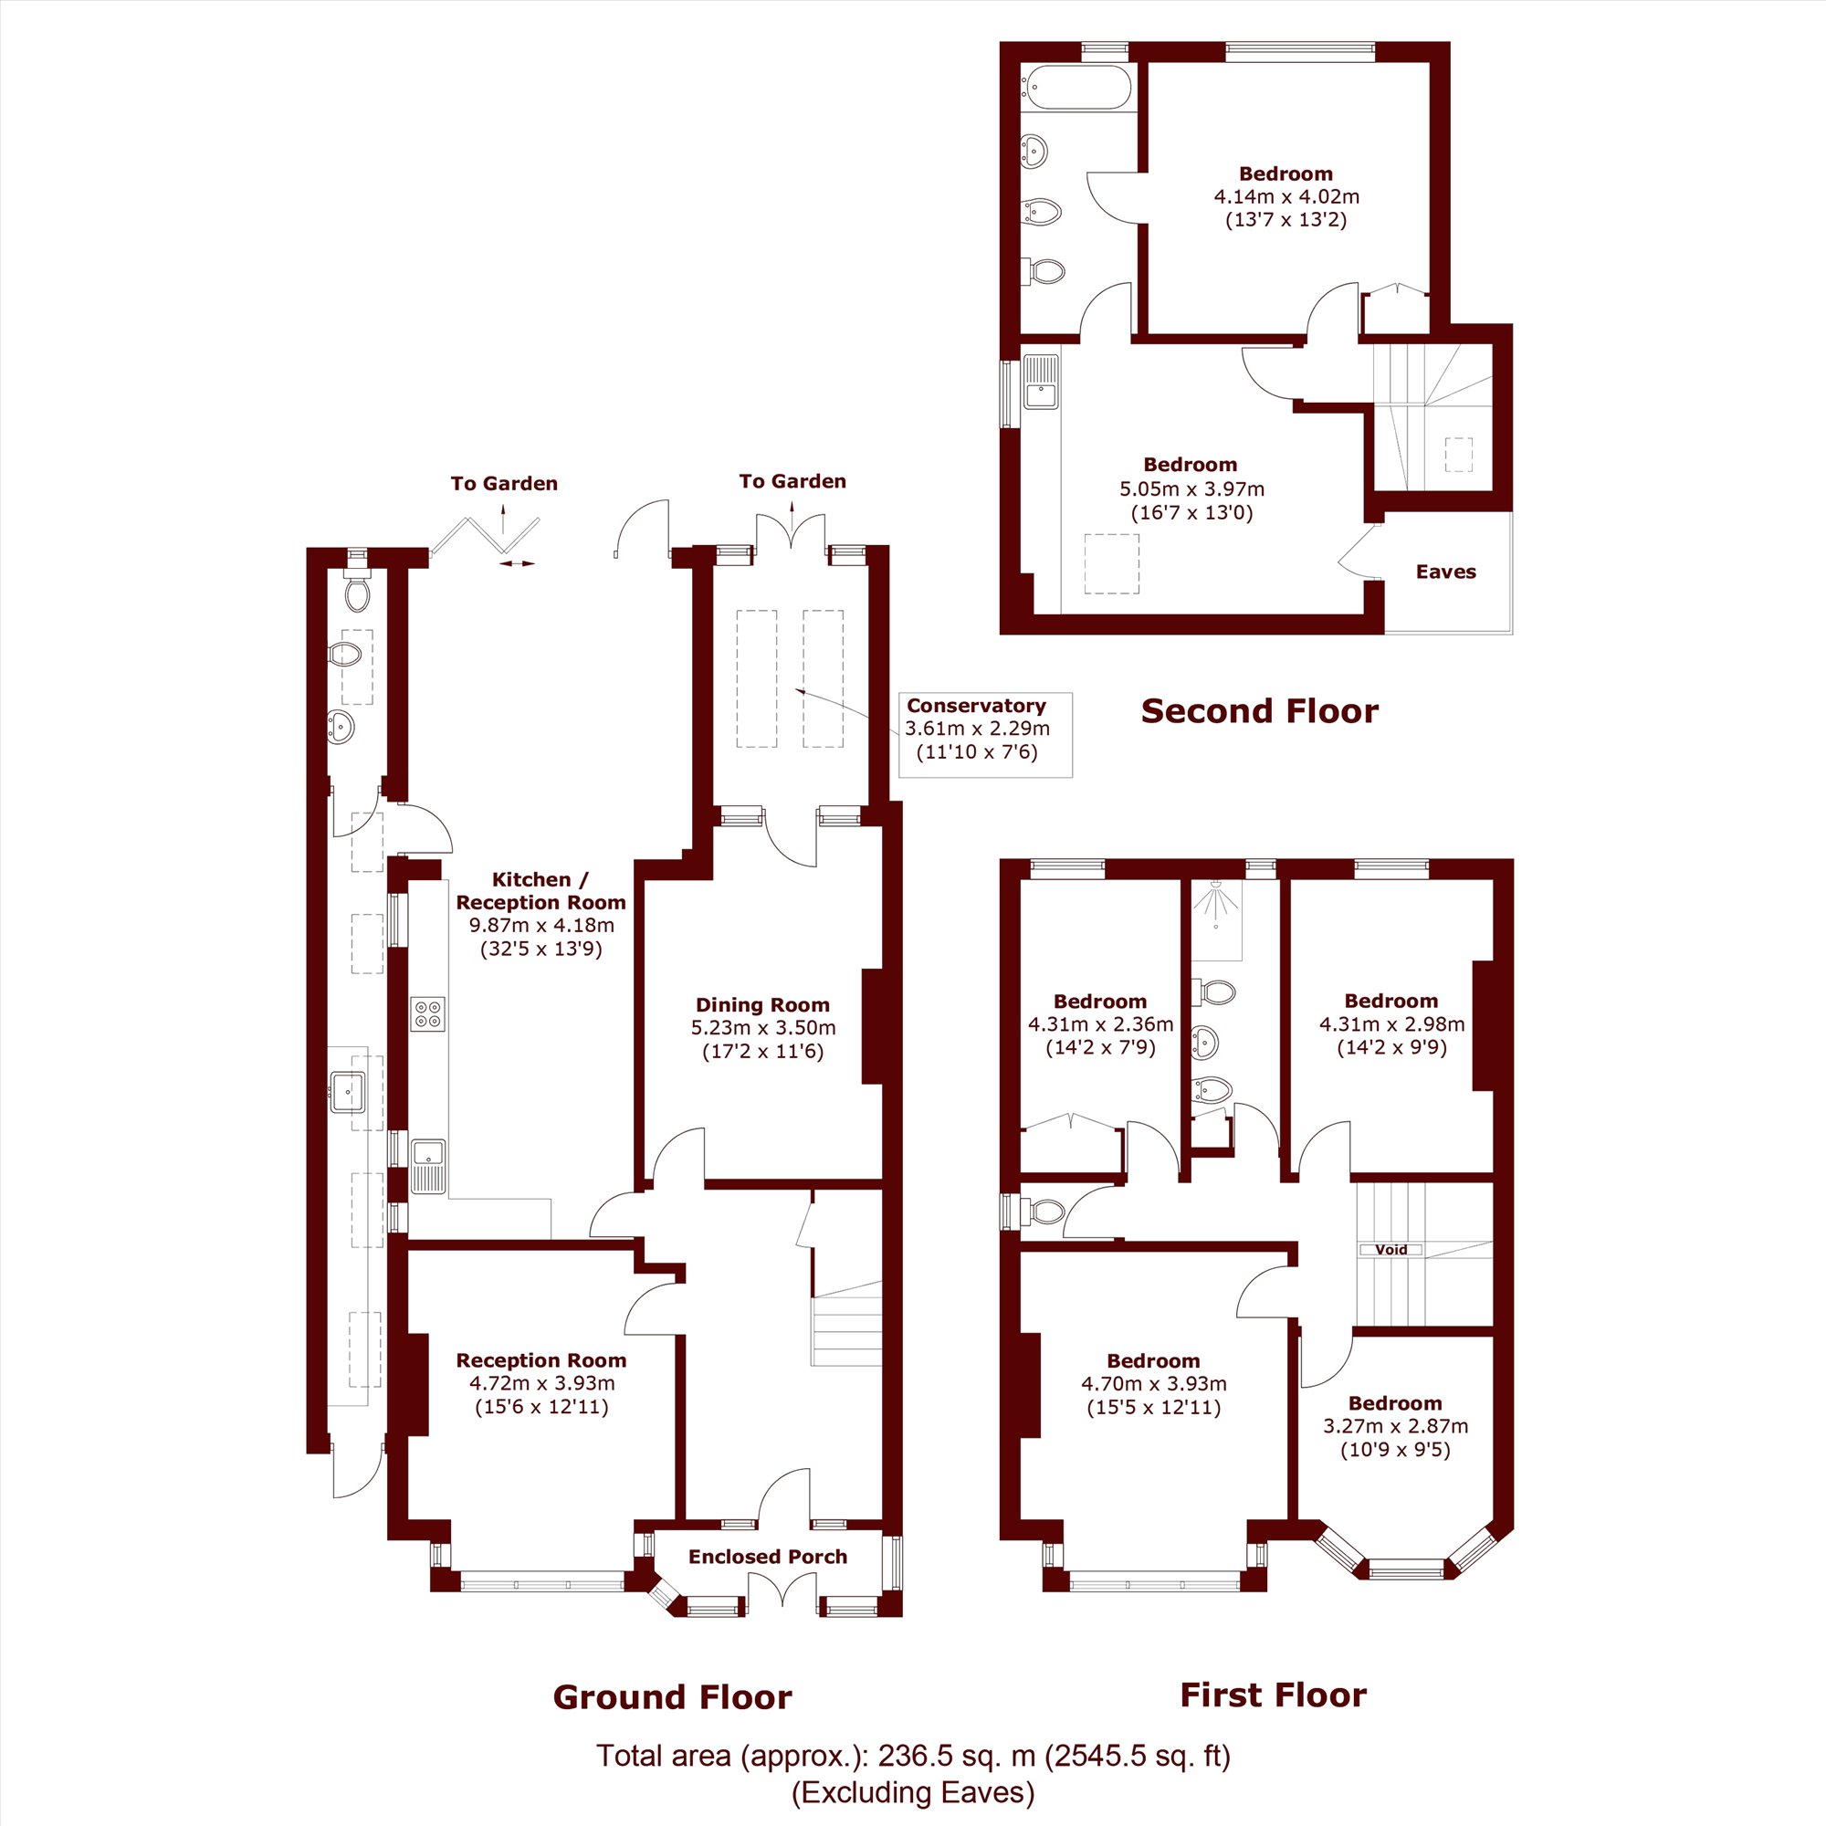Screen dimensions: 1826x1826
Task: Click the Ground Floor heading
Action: click(672, 1697)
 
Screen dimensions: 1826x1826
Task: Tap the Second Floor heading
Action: click(1259, 710)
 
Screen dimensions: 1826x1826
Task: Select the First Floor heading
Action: click(1273, 1695)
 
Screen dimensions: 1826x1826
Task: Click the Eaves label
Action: click(1445, 572)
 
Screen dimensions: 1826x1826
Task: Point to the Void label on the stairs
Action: click(1391, 1250)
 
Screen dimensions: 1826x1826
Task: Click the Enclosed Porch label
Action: click(768, 1557)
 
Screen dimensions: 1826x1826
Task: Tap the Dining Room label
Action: click(762, 1004)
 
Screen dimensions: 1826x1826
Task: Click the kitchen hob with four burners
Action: click(428, 1014)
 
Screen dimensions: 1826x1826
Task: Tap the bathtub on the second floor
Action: click(1075, 88)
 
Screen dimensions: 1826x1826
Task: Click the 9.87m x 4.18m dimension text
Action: click(541, 925)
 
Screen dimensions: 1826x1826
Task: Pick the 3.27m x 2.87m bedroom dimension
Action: click(1395, 1426)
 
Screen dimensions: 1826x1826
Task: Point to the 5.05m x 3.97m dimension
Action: click(1191, 488)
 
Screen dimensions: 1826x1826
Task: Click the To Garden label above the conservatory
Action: click(792, 481)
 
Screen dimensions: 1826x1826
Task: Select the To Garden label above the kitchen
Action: click(504, 484)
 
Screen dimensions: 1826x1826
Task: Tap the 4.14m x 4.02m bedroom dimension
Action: click(1286, 196)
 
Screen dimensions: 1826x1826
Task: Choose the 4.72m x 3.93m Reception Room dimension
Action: click(541, 1382)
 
